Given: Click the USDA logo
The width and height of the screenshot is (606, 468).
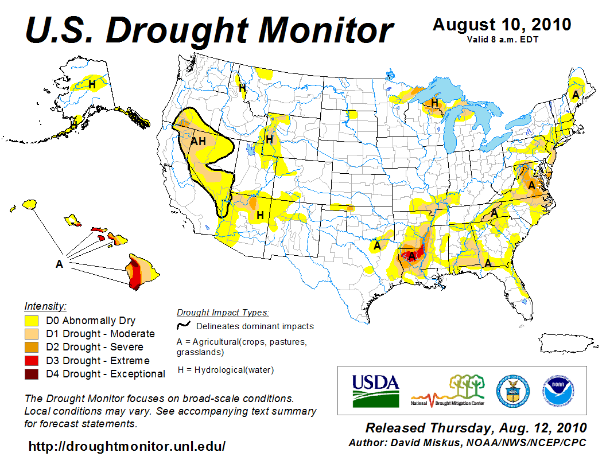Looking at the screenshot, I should pyautogui.click(x=375, y=391).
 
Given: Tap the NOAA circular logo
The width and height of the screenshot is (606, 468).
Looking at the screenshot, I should pyautogui.click(x=556, y=391).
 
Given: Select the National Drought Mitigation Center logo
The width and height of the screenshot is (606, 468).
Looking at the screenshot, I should pyautogui.click(x=448, y=391).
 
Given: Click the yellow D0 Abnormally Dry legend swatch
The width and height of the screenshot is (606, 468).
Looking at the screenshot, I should pyautogui.click(x=31, y=321).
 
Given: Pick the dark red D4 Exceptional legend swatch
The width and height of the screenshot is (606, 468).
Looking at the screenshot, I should pyautogui.click(x=31, y=374).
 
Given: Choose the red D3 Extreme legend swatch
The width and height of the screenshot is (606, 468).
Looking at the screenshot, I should pyautogui.click(x=31, y=361).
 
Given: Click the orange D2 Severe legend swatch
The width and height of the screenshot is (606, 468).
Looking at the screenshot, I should pyautogui.click(x=31, y=347).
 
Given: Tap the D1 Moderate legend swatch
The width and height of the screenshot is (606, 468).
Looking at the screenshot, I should pyautogui.click(x=31, y=334).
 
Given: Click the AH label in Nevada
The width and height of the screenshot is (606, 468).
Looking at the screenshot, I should pyautogui.click(x=199, y=141).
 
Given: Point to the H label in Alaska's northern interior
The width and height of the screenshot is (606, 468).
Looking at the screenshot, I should pyautogui.click(x=92, y=84).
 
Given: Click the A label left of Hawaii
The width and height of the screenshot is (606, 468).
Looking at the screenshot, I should pyautogui.click(x=59, y=264).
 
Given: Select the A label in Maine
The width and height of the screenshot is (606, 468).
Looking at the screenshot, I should pyautogui.click(x=575, y=93).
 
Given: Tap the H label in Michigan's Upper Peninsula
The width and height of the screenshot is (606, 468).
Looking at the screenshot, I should pyautogui.click(x=435, y=103).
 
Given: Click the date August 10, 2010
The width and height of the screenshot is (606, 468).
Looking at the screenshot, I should pyautogui.click(x=502, y=25).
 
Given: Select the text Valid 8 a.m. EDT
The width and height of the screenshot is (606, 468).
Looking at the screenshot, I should pyautogui.click(x=502, y=40).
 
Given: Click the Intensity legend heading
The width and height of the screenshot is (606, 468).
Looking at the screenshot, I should pyautogui.click(x=45, y=306).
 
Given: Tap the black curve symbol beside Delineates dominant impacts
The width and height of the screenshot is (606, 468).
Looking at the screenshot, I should pyautogui.click(x=183, y=326).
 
